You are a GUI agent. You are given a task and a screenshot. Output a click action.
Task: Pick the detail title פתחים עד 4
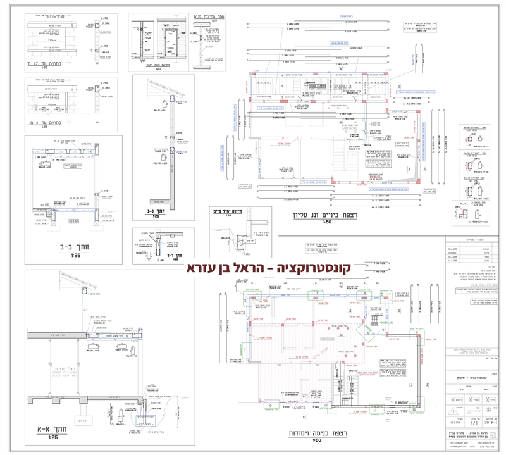click(45, 123)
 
